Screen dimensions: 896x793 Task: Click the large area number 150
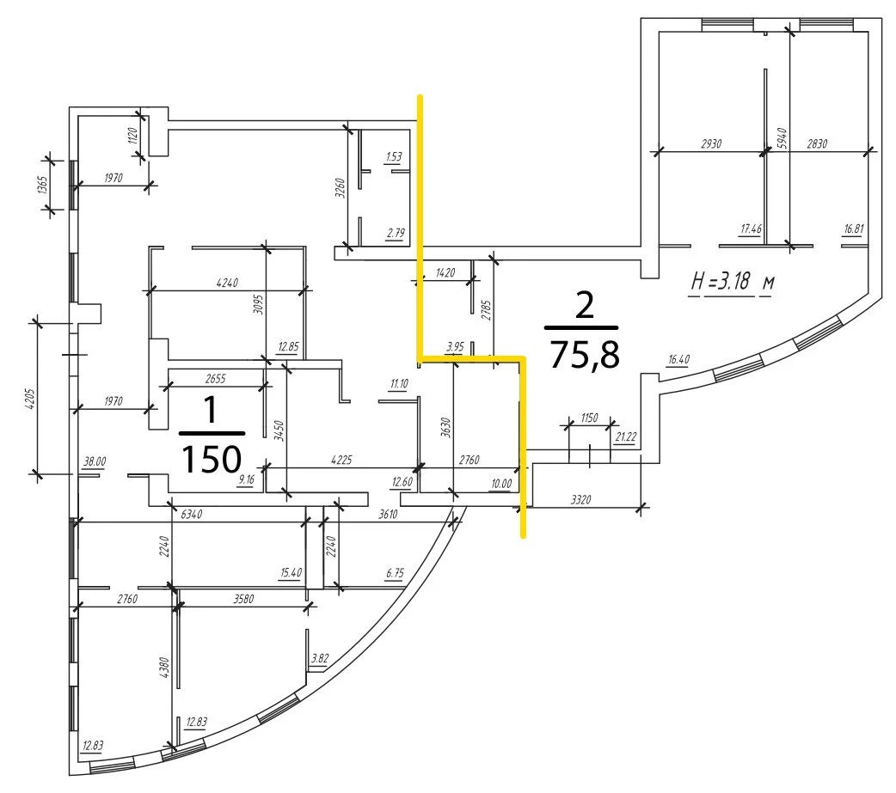click(x=212, y=459)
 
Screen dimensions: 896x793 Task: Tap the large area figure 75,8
click(x=584, y=354)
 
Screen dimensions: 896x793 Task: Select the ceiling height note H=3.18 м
click(x=733, y=282)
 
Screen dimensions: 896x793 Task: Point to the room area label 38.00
click(x=95, y=461)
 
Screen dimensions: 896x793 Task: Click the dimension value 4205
click(x=30, y=399)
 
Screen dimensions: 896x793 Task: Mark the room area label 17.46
click(x=751, y=229)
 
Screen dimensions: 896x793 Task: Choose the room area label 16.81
click(x=854, y=229)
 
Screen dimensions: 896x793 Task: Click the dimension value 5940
click(x=782, y=139)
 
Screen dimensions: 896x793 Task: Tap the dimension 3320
click(x=580, y=500)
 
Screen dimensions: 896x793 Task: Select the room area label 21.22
click(x=626, y=436)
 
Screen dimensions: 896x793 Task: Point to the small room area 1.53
click(x=394, y=156)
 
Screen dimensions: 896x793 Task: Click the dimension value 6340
click(x=192, y=515)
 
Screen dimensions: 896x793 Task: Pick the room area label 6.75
click(x=395, y=573)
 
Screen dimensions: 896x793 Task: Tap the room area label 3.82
click(x=319, y=658)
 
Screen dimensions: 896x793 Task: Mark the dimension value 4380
click(x=164, y=668)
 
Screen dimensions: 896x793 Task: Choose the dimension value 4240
click(x=227, y=283)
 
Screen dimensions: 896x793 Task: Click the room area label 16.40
click(x=678, y=359)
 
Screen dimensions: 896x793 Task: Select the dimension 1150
click(x=589, y=418)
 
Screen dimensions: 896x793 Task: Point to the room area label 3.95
click(x=455, y=346)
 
